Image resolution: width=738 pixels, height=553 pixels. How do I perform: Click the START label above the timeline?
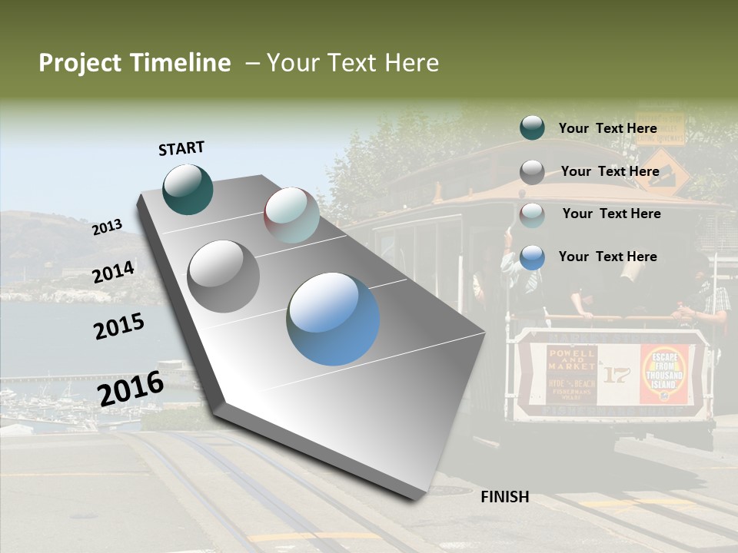tap(181, 148)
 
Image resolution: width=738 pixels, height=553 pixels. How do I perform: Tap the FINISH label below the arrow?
tap(504, 497)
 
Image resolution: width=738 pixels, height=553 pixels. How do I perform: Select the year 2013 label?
tap(108, 227)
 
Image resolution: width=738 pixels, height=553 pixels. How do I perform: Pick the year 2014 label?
tap(114, 272)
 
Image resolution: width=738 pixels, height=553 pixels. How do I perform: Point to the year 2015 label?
tap(119, 326)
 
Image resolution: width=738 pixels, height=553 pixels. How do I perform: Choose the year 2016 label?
tap(131, 388)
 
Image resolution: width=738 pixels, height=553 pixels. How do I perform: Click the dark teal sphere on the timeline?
tap(188, 189)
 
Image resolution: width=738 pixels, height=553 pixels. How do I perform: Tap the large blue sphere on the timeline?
tap(334, 319)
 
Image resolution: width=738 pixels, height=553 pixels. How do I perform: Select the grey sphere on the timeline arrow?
tap(224, 276)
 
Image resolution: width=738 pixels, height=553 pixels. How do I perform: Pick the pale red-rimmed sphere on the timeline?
tap(292, 215)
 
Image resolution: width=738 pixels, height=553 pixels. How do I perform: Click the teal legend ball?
tap(532, 127)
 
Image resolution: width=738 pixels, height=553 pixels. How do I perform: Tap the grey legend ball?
tap(532, 172)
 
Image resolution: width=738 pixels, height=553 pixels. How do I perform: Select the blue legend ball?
tap(532, 257)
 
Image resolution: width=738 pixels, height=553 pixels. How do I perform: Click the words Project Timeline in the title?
tap(135, 63)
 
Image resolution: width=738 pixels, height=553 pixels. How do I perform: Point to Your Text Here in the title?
tap(353, 63)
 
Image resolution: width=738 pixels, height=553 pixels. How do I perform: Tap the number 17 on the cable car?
tap(616, 375)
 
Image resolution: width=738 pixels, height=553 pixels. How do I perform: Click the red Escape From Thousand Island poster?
tap(664, 374)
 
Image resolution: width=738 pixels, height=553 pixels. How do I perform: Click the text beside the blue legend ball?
tap(607, 257)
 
